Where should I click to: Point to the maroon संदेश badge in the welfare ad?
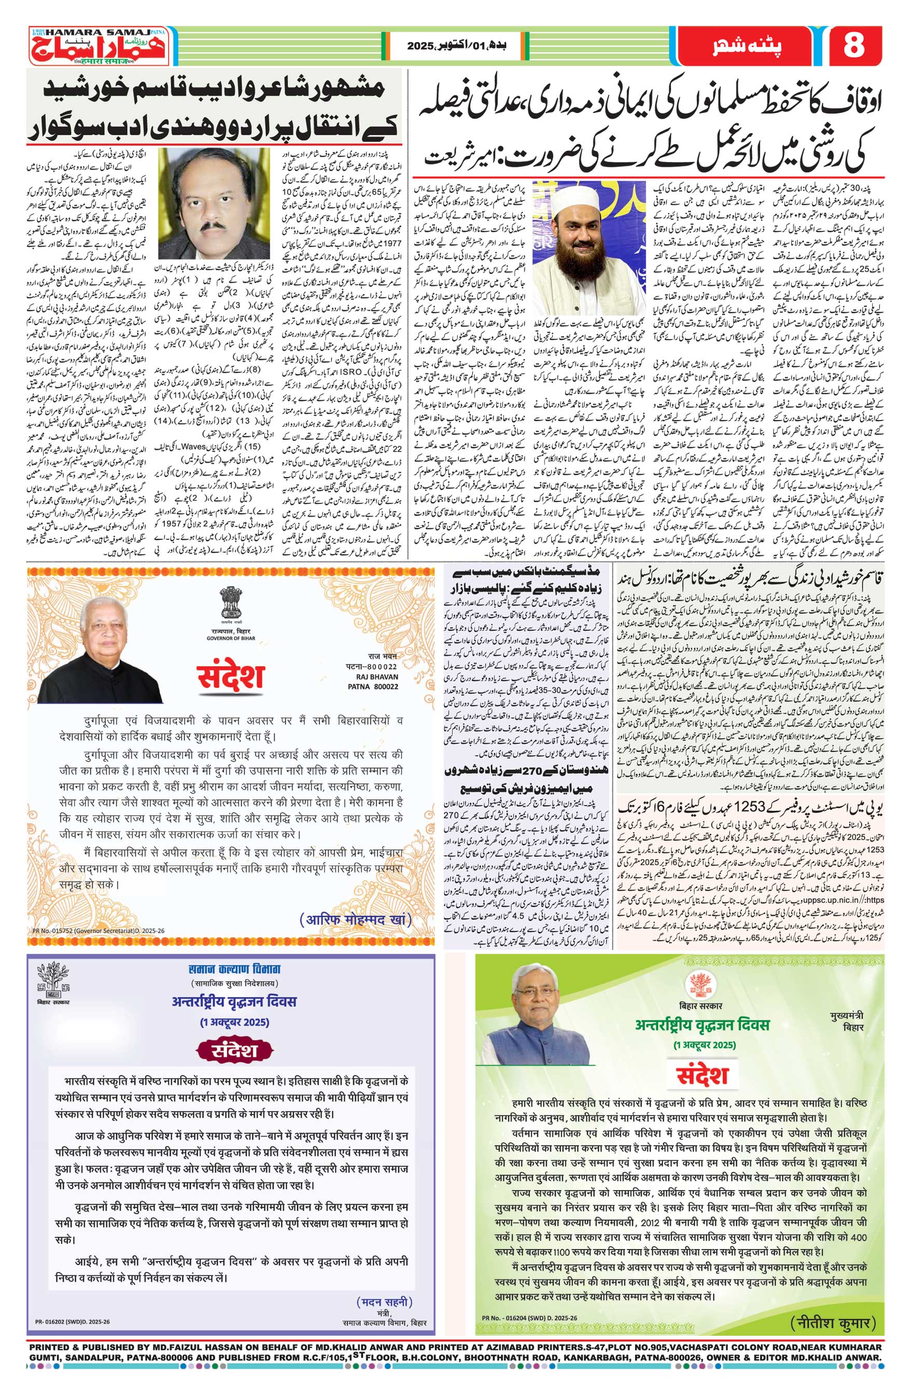click(x=234, y=1051)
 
